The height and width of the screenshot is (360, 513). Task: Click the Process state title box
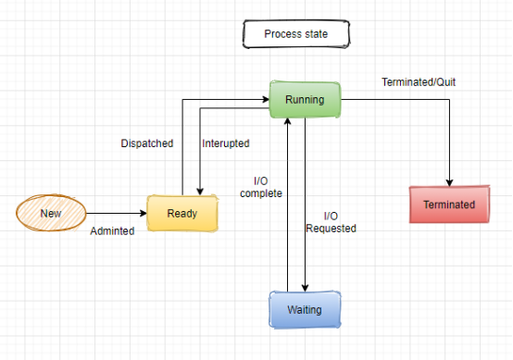295,35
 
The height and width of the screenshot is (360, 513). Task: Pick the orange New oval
50,214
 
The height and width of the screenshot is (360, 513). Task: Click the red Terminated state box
449,205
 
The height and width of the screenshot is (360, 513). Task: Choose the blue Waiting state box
305,310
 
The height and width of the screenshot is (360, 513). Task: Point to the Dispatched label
147,143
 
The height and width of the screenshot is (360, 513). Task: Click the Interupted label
226,143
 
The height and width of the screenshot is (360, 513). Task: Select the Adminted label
112,231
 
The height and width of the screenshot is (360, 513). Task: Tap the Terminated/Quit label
419,82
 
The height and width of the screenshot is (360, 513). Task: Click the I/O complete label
260,187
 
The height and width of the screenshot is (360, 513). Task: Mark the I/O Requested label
331,222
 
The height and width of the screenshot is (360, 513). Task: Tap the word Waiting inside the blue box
305,310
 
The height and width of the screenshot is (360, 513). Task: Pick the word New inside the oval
50,214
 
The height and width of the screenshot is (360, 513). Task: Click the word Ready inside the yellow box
182,214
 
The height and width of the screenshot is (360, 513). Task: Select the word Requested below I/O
331,228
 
